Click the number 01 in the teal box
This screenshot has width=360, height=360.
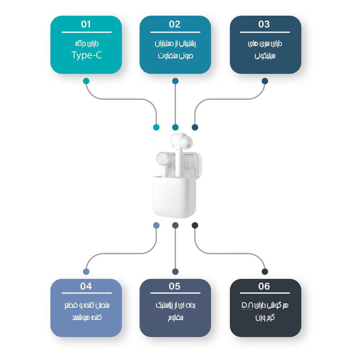86,24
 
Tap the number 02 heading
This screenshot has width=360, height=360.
175,24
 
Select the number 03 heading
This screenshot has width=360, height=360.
264,24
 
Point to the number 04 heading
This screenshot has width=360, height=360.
86,286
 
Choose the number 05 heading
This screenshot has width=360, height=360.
175,286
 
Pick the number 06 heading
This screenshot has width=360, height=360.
264,286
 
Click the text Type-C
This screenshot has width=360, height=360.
87,55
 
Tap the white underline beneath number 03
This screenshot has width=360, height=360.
265,32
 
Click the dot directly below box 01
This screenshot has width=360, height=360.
86,81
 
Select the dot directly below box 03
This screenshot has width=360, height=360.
265,81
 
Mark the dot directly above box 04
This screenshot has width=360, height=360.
86,271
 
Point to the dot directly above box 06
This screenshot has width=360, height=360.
265,271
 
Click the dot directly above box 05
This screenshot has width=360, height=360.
175,271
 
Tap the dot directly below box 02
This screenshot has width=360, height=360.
175,81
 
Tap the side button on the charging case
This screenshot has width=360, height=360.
193,199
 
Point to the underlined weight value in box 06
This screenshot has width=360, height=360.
247,305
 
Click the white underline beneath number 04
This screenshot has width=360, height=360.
87,293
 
